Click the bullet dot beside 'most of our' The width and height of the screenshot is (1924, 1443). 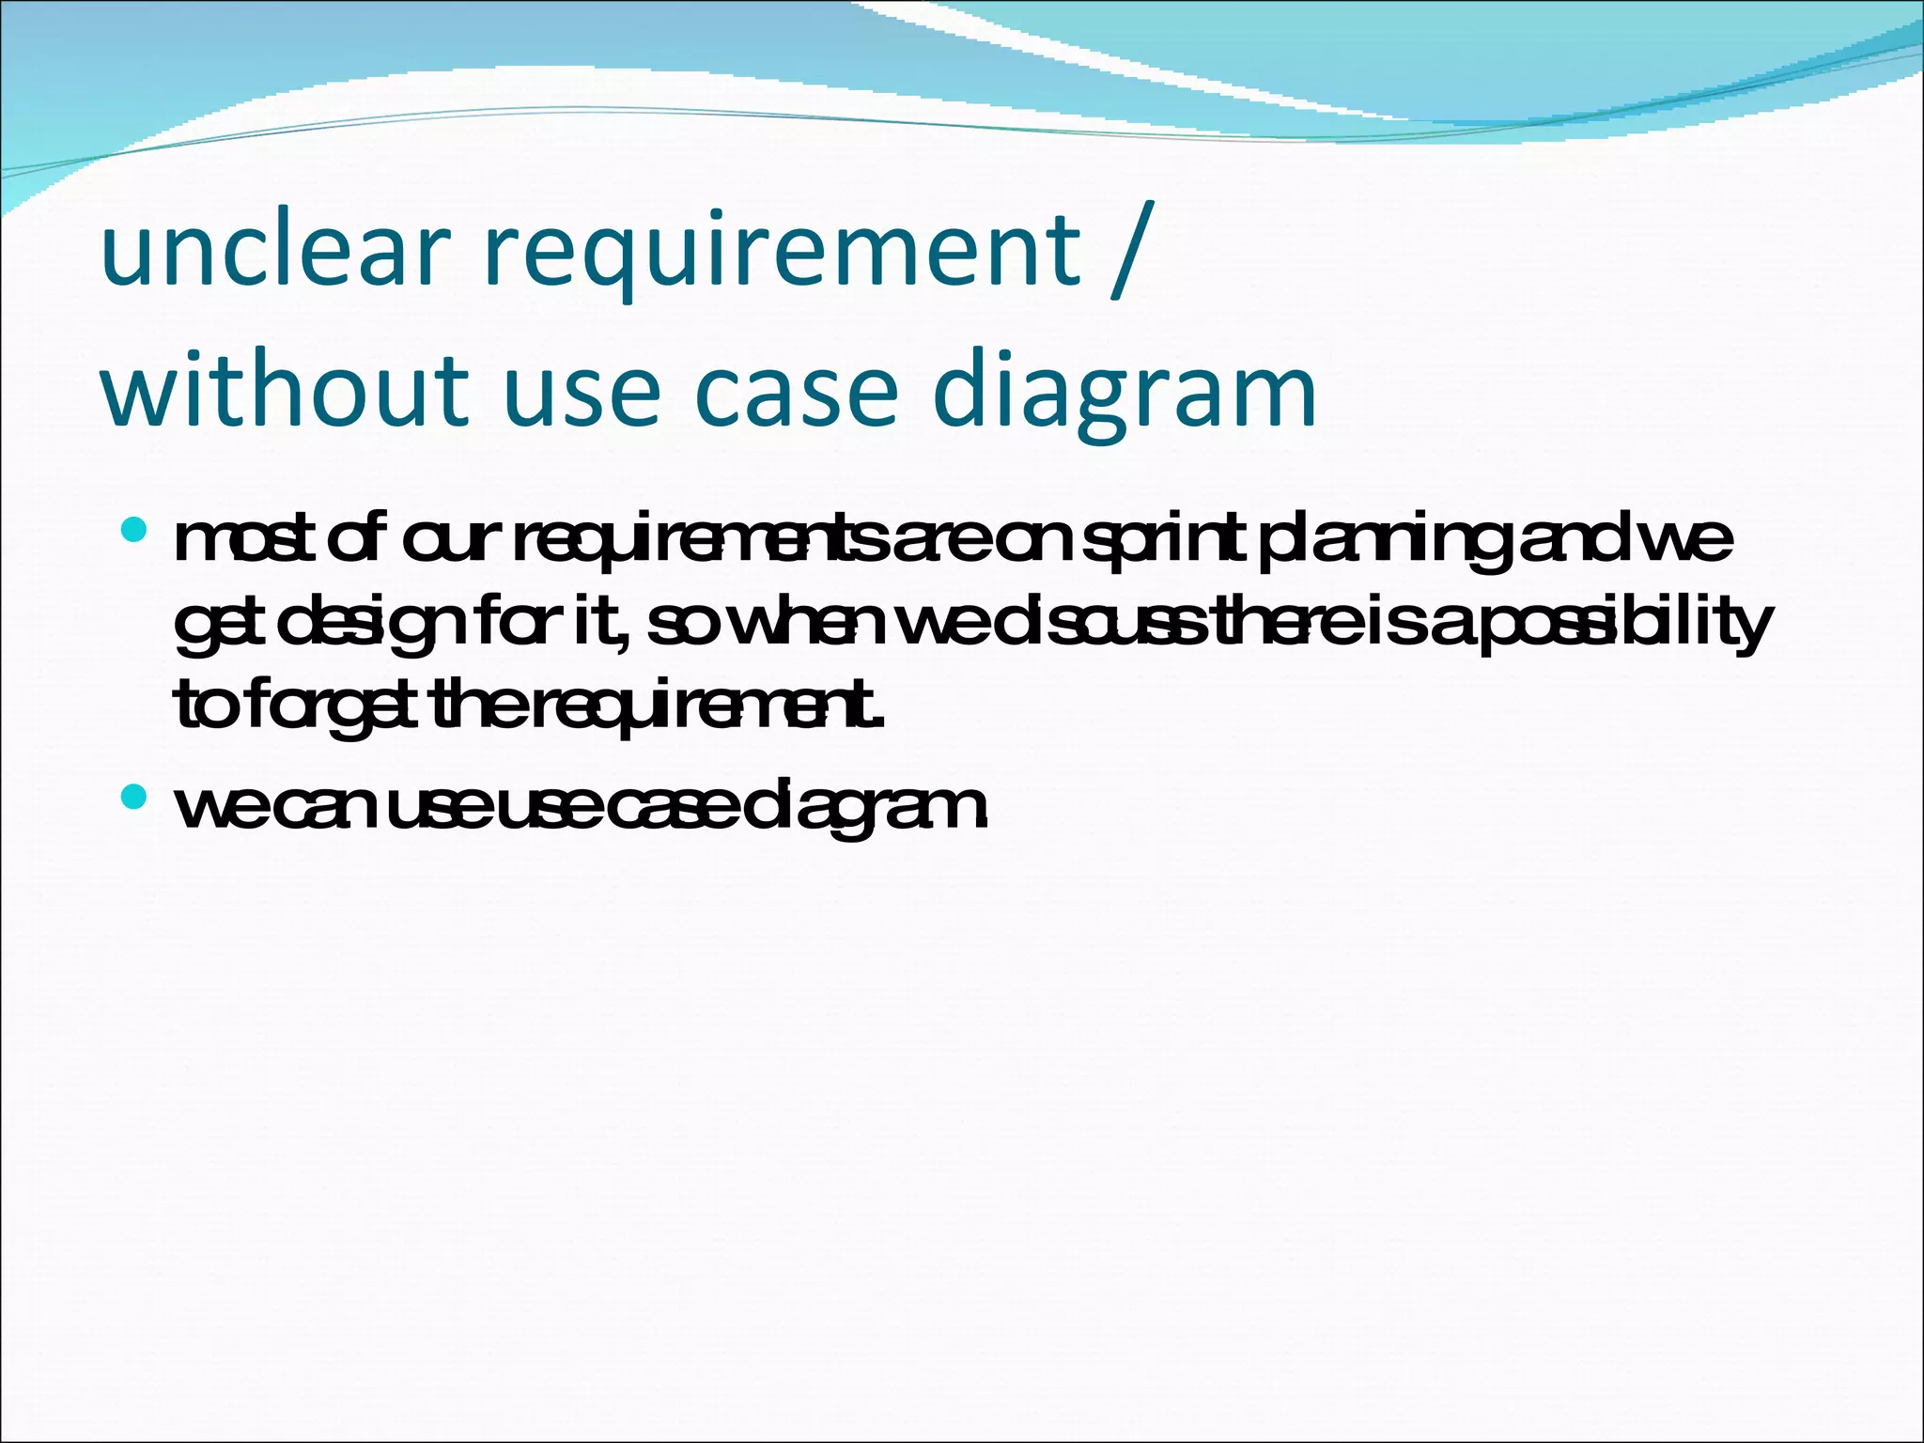134,531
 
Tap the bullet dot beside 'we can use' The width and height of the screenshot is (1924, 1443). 134,798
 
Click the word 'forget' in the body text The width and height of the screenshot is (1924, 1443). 333,706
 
